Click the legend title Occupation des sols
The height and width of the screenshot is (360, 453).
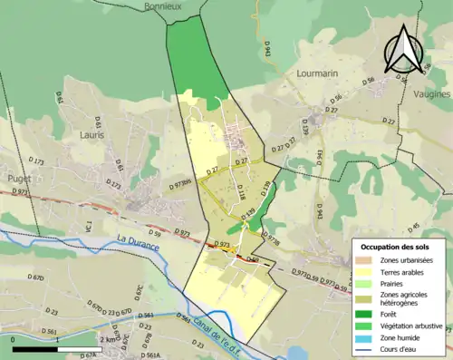point(397,247)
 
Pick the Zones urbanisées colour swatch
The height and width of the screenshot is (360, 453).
point(367,260)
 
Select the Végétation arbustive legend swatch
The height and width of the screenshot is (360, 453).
point(367,325)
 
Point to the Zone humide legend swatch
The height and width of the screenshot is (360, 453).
point(367,336)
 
